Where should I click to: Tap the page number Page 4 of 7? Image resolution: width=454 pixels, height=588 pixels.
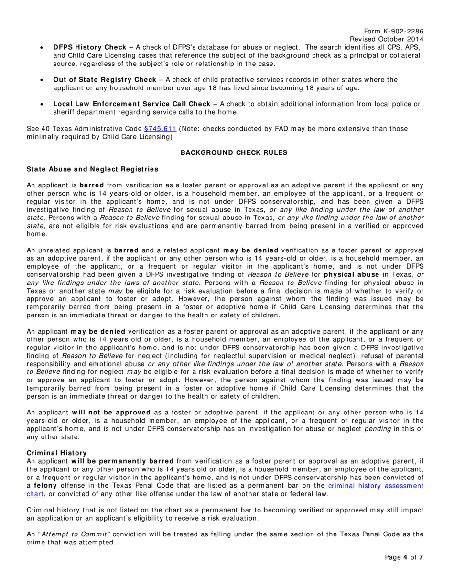pyautogui.click(x=404, y=570)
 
